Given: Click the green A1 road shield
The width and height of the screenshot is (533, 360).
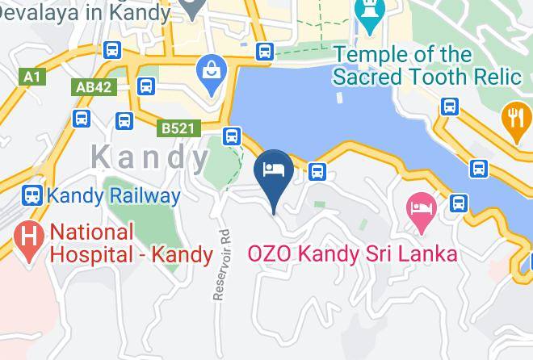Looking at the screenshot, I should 31,77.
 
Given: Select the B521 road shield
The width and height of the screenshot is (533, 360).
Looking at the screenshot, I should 177,128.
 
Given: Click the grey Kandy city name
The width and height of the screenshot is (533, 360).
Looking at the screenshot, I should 150,157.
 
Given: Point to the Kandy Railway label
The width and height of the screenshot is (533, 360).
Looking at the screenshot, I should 113,195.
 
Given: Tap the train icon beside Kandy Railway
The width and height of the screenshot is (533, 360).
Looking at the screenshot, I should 31,195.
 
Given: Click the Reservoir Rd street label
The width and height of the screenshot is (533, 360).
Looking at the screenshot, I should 223,263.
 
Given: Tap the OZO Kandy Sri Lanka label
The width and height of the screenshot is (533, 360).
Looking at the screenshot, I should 352,253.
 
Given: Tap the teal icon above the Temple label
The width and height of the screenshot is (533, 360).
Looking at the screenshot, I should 370,12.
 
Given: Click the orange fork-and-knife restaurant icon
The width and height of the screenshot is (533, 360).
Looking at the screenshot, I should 515,118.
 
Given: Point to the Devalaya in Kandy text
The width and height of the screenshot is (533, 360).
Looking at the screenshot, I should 85,12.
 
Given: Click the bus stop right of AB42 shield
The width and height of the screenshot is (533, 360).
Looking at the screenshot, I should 146,86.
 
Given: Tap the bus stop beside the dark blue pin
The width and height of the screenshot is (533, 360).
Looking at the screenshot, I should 317,171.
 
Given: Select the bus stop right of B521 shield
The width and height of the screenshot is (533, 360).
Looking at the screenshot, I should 232,136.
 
